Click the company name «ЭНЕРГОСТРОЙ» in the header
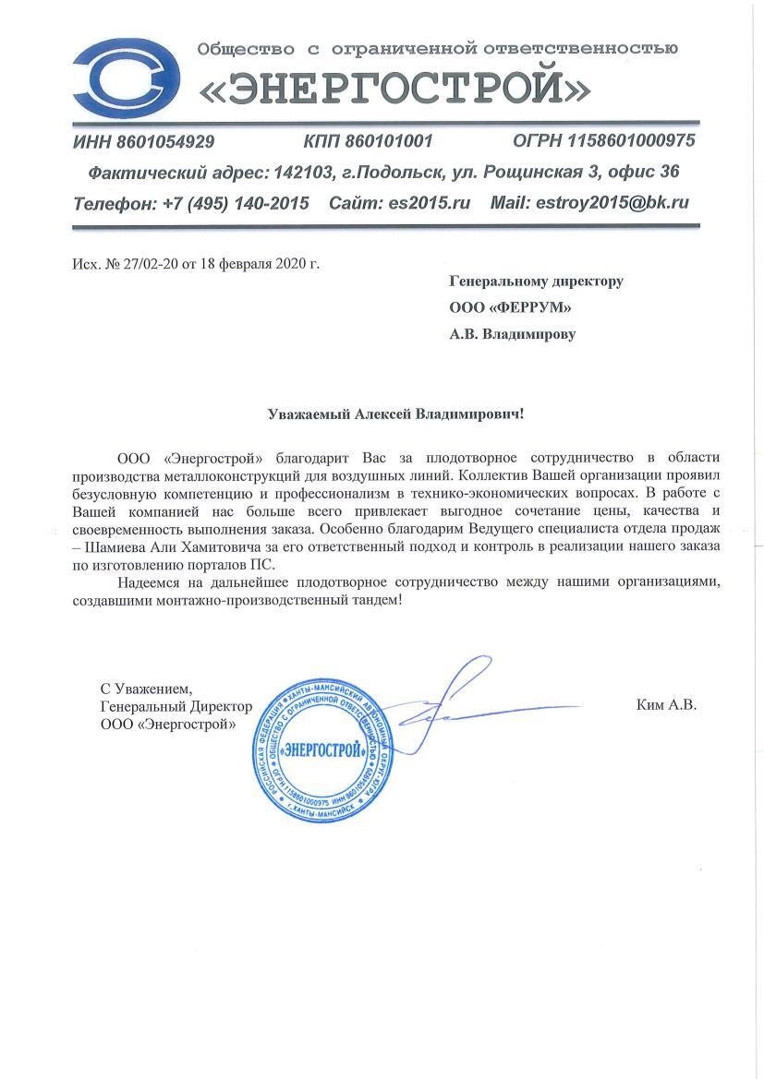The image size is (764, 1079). click(x=395, y=88)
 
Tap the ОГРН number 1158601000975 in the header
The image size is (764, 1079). click(x=633, y=141)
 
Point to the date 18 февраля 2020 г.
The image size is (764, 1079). click(x=263, y=264)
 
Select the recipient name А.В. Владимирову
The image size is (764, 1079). click(x=512, y=334)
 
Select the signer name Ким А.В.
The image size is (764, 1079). click(x=666, y=705)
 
